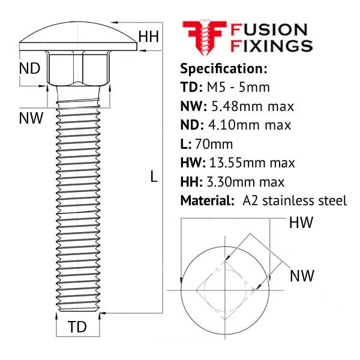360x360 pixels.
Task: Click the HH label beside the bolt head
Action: (x=149, y=37)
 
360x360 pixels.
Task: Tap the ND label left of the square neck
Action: (x=29, y=68)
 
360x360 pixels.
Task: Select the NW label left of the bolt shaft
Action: (x=31, y=118)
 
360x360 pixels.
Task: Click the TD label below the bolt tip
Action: (x=77, y=327)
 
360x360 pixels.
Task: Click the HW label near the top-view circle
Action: (x=301, y=223)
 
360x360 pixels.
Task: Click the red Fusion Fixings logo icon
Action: (x=203, y=37)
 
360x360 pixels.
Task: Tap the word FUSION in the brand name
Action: (x=269, y=29)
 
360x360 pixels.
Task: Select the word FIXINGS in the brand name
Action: (x=272, y=46)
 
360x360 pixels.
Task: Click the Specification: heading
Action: (x=223, y=67)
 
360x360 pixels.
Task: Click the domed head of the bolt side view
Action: (x=79, y=38)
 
